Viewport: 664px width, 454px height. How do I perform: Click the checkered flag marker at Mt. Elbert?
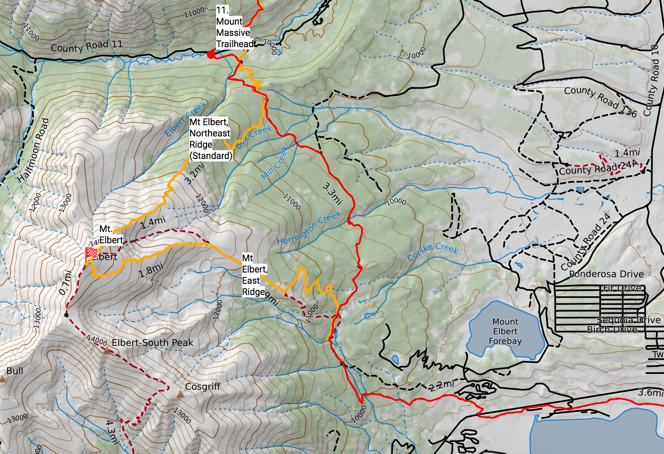[91, 253]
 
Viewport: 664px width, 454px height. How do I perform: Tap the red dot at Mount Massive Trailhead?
[211, 54]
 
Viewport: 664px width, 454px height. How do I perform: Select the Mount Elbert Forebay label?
[505, 331]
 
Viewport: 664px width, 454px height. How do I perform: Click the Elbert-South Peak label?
[152, 343]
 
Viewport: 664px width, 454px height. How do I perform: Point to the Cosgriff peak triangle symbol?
[180, 394]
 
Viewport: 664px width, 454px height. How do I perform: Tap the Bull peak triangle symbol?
[2, 379]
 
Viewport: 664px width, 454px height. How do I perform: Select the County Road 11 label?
[86, 46]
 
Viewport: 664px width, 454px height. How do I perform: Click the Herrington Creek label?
[309, 228]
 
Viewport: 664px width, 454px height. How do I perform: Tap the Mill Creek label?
[274, 163]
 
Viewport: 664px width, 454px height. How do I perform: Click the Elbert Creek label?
[186, 119]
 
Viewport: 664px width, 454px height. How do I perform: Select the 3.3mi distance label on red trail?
[332, 193]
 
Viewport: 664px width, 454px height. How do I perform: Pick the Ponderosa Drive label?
[606, 274]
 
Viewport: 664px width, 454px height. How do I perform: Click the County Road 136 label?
[600, 101]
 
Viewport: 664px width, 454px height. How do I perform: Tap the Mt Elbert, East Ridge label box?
[254, 275]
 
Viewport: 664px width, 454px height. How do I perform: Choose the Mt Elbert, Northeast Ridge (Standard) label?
[210, 139]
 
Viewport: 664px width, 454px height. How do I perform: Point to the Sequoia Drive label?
[629, 320]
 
